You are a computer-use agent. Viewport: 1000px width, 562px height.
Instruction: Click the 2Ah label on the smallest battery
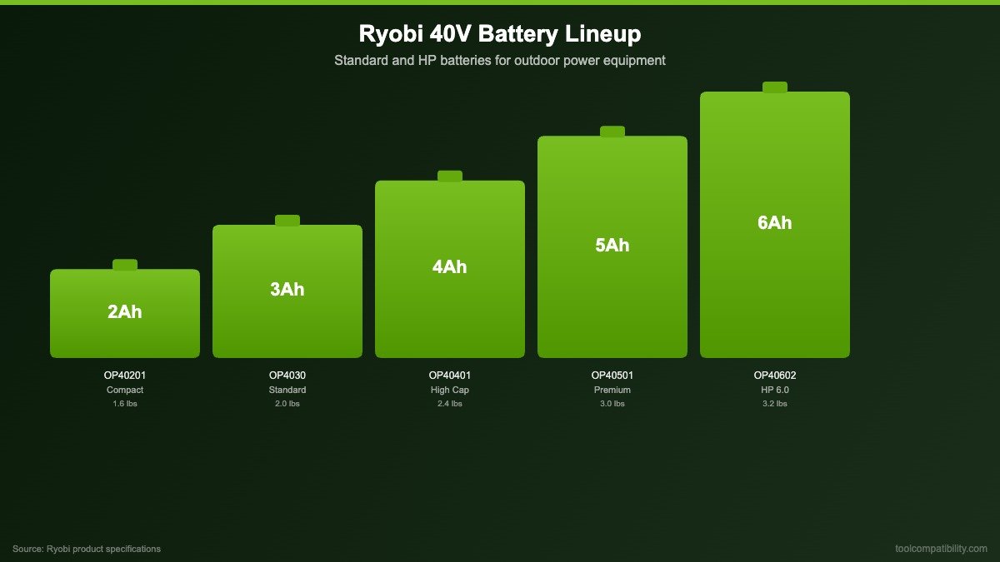pyautogui.click(x=125, y=312)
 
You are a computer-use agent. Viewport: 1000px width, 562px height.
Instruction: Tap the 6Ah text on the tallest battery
pyautogui.click(x=775, y=223)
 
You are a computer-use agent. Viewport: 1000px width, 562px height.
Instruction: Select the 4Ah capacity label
pyautogui.click(x=450, y=267)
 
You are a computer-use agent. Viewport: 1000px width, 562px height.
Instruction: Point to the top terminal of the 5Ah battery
pyautogui.click(x=612, y=132)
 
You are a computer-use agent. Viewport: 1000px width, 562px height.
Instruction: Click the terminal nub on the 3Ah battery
pyautogui.click(x=287, y=221)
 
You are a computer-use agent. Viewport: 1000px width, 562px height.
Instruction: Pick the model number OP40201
pyautogui.click(x=125, y=375)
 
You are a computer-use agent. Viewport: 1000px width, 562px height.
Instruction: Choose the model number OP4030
pyautogui.click(x=287, y=375)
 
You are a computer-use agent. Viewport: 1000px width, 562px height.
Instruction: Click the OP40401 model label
pyautogui.click(x=450, y=375)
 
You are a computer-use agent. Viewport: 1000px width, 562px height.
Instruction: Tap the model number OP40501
pyautogui.click(x=612, y=375)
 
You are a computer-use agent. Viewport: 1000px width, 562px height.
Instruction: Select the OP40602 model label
pyautogui.click(x=775, y=375)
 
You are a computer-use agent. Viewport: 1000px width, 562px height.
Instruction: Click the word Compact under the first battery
pyautogui.click(x=125, y=390)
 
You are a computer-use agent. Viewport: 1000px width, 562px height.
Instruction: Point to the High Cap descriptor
pyautogui.click(x=450, y=390)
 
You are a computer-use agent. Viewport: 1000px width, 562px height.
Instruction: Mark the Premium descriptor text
pyautogui.click(x=612, y=390)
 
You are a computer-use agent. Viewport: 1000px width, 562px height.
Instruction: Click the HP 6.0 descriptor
pyautogui.click(x=775, y=390)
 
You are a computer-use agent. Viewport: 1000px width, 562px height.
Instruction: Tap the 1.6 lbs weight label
pyautogui.click(x=125, y=404)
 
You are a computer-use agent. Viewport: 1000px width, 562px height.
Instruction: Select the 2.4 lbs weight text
pyautogui.click(x=450, y=404)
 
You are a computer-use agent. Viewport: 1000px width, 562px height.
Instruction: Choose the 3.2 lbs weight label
pyautogui.click(x=775, y=404)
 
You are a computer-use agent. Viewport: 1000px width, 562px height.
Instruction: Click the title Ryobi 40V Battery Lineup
pyautogui.click(x=500, y=34)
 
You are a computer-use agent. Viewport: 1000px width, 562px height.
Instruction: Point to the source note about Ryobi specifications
pyautogui.click(x=87, y=549)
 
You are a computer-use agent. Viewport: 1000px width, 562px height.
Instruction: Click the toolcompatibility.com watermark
pyautogui.click(x=941, y=549)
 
